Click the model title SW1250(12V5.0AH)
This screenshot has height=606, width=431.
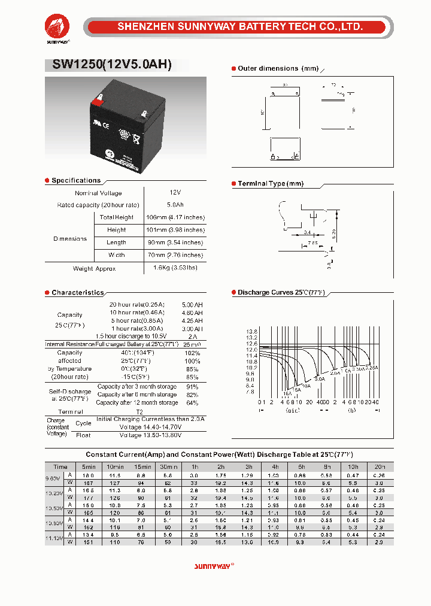tap(108, 65)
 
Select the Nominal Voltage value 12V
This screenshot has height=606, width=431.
tap(175, 193)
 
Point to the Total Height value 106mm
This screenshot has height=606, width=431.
tap(175, 217)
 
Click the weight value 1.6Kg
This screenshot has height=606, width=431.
tap(175, 268)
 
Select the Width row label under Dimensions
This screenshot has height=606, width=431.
tap(117, 255)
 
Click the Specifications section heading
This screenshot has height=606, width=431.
tap(76, 180)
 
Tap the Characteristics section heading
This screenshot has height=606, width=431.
tap(77, 293)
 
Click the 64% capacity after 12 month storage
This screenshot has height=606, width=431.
tap(192, 403)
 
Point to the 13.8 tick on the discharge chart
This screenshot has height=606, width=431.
tap(251, 331)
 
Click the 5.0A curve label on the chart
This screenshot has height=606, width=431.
tap(320, 379)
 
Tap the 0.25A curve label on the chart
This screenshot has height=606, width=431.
tap(372, 367)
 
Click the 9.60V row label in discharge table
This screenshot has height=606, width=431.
tap(54, 478)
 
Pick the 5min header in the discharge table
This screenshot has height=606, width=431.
tap(89, 466)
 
